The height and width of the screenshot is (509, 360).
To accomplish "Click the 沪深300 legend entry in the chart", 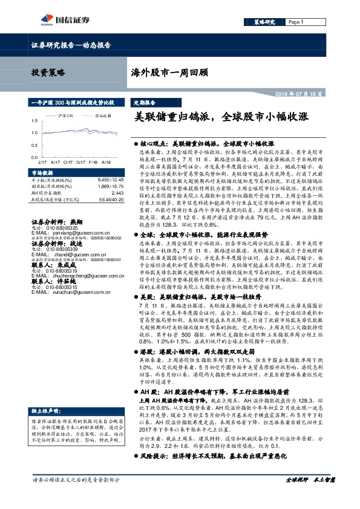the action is pos(66,114).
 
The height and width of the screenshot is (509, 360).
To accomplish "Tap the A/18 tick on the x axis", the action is pos(106,163).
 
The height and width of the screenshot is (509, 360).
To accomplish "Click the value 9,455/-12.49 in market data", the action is pos(110,180).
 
